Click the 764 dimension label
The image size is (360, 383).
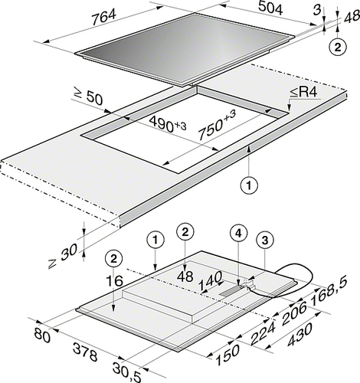[103, 17]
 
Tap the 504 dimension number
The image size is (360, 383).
[270, 8]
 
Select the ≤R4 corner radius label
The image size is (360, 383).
[305, 93]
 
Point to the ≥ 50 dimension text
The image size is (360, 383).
[88, 97]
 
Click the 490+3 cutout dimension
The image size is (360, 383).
[168, 124]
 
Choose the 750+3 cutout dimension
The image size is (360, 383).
[217, 125]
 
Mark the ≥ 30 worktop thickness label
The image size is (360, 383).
[63, 255]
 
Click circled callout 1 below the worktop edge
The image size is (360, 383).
[249, 185]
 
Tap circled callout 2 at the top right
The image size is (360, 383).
[338, 47]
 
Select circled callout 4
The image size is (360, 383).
[238, 234]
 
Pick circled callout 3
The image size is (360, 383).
[265, 240]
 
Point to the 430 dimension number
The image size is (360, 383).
[299, 335]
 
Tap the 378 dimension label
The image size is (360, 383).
[85, 352]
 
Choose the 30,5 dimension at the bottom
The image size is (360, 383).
[126, 372]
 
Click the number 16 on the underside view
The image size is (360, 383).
[114, 280]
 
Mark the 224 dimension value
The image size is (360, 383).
[262, 333]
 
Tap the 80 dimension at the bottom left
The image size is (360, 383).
[42, 335]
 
